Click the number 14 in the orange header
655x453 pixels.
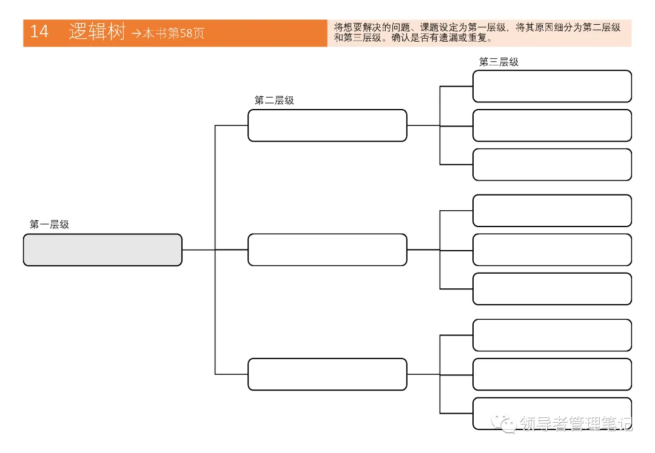coord(39,32)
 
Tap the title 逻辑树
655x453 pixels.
coord(96,32)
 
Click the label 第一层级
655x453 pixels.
coord(49,225)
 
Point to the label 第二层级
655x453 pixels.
coord(274,101)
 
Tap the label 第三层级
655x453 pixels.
coord(499,62)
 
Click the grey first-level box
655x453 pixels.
coord(102,250)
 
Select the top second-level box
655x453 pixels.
coord(327,125)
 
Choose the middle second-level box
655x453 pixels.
coord(327,250)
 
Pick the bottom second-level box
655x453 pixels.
coord(327,374)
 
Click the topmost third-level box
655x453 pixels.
coord(552,86)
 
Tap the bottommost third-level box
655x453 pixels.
coord(552,414)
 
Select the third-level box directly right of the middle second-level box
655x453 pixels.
coord(552,250)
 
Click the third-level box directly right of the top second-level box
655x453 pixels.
coord(552,125)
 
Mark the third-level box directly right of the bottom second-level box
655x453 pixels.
coord(552,374)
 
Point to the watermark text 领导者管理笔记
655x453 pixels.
coord(575,424)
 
